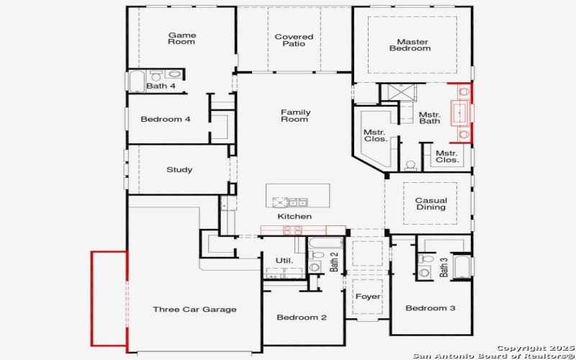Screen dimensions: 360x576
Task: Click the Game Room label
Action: (181, 38)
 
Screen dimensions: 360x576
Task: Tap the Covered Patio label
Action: (294, 40)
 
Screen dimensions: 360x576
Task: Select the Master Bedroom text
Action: (410, 45)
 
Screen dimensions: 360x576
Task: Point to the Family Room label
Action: (294, 115)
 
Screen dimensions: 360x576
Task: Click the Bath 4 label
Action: (161, 86)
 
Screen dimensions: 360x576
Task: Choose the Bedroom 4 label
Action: (165, 119)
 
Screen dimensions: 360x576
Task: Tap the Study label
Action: (179, 170)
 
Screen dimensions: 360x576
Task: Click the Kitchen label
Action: (294, 216)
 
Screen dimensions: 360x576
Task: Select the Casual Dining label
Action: (431, 204)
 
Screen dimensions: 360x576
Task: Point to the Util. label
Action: (284, 260)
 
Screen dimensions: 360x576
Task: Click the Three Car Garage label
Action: (194, 310)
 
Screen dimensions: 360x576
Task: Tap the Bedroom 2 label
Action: (302, 318)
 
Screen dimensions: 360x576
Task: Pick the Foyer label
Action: (367, 297)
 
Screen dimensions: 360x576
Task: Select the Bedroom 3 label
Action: (430, 308)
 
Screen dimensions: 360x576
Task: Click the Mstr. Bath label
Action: (430, 117)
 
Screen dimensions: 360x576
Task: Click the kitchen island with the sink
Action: (297, 195)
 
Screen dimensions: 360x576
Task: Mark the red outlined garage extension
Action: (109, 298)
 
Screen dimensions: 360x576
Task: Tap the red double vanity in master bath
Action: (461, 114)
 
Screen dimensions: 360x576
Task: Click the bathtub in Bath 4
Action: (137, 81)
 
